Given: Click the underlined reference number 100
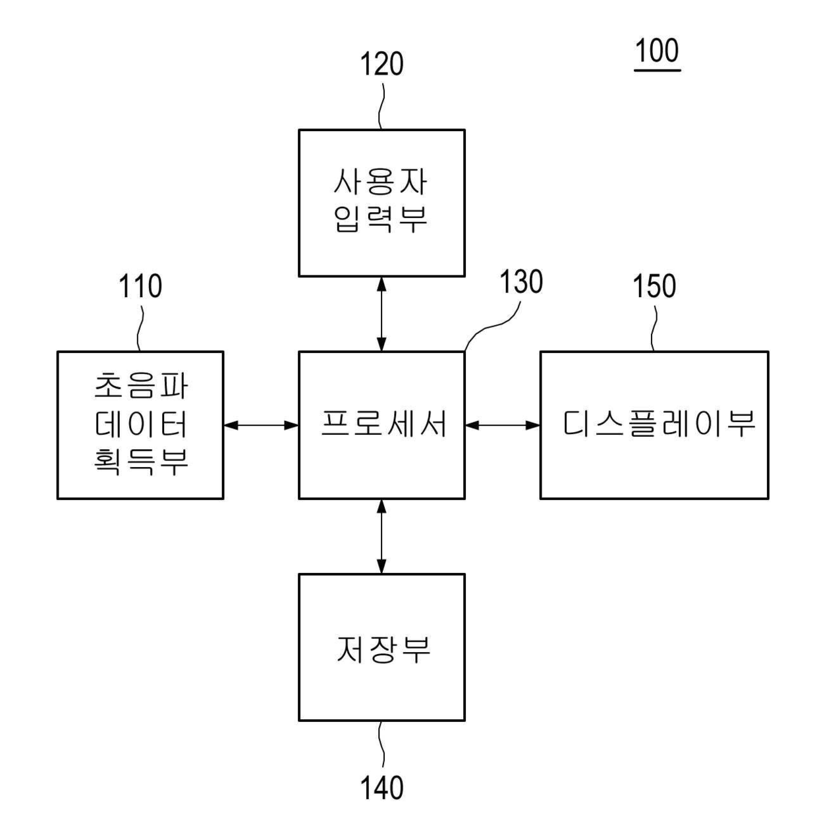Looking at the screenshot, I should pyautogui.click(x=657, y=51).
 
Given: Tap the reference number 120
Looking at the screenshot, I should pyautogui.click(x=381, y=65).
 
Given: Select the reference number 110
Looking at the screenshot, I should pyautogui.click(x=140, y=287).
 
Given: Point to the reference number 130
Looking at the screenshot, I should pyautogui.click(x=521, y=282).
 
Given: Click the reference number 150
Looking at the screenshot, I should pyautogui.click(x=654, y=287).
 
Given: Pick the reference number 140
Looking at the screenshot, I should pyautogui.click(x=381, y=787).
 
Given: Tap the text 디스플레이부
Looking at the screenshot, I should pyautogui.click(x=658, y=424).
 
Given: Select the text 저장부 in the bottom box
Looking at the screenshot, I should pyautogui.click(x=383, y=649).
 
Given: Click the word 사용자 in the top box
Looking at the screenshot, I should pyautogui.click(x=381, y=182).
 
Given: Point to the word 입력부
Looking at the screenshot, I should pyautogui.click(x=381, y=219).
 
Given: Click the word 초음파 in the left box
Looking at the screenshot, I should pyautogui.click(x=141, y=387).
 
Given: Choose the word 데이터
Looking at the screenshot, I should pyautogui.click(x=141, y=425).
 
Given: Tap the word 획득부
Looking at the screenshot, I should pyautogui.click(x=141, y=462).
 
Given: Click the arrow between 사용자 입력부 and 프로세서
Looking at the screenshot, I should pyautogui.click(x=381, y=314).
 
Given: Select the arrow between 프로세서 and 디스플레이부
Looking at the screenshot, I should pyautogui.click(x=502, y=425).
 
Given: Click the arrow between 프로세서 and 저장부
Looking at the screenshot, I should pyautogui.click(x=381, y=535).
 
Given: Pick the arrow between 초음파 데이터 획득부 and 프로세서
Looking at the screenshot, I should pyautogui.click(x=261, y=425).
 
